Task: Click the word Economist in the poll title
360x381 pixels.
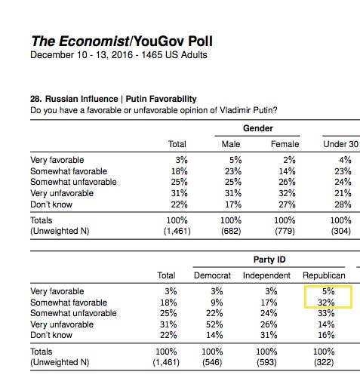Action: [94, 41]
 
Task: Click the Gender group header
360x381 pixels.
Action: [258, 128]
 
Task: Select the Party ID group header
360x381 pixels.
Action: [269, 260]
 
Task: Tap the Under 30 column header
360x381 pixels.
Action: [340, 144]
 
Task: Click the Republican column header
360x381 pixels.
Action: [324, 275]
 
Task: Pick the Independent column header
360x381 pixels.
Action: [266, 275]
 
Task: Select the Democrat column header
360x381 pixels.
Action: [212, 275]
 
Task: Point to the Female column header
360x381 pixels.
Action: [285, 144]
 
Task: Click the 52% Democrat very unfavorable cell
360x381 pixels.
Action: [214, 324]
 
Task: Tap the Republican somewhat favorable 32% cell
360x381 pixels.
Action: [326, 303]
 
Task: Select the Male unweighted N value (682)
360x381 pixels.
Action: [231, 231]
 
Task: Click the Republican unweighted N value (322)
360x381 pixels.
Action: [324, 362]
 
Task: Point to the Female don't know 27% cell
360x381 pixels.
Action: [287, 204]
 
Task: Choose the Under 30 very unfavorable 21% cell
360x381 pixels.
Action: [343, 193]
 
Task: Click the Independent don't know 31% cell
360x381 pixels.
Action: [269, 335]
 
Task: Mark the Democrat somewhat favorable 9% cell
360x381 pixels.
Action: [217, 303]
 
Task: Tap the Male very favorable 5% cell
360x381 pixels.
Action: [235, 160]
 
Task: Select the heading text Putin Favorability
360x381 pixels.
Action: [161, 99]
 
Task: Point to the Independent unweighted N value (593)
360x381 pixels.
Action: [266, 362]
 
